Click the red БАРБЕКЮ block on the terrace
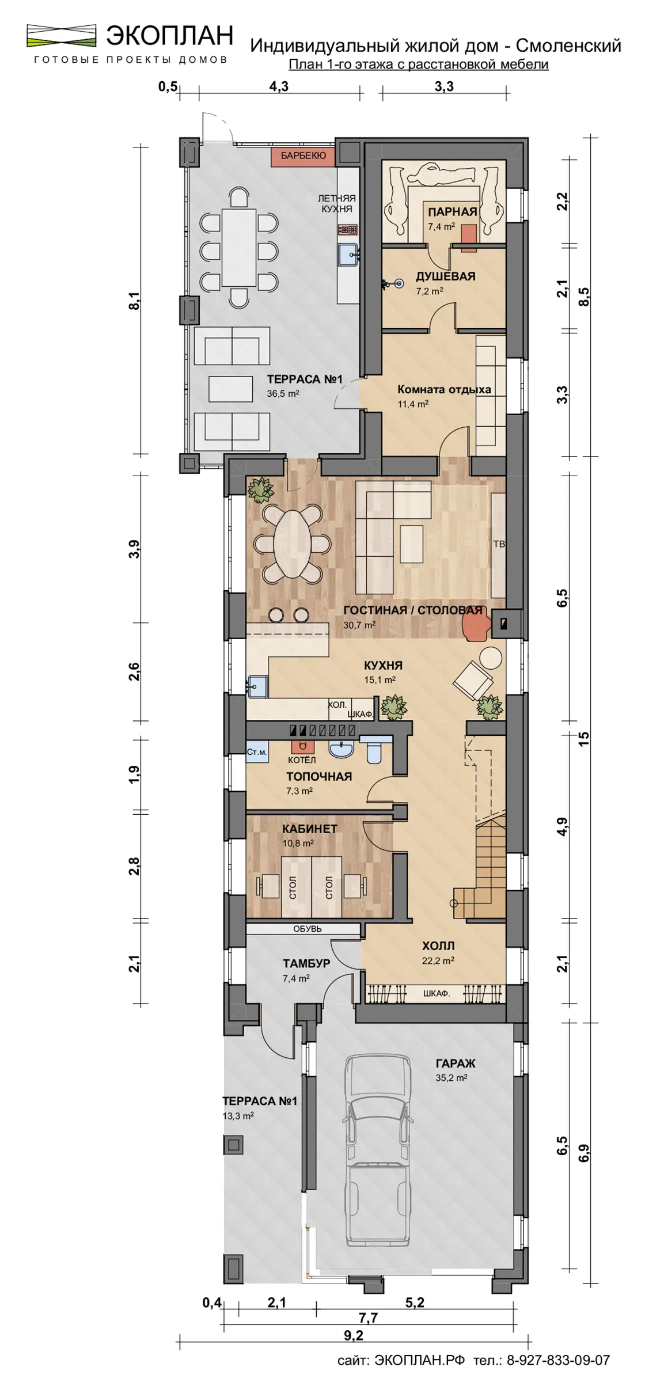[x=303, y=156]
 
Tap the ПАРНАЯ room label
[x=453, y=211]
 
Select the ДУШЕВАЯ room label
[x=446, y=276]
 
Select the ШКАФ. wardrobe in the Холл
[x=436, y=993]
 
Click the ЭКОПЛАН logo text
[x=169, y=36]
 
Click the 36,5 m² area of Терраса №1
[x=282, y=394]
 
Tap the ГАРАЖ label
[x=456, y=1064]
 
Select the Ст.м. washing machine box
[x=257, y=752]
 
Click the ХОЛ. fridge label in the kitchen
[x=337, y=705]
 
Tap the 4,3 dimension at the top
[x=279, y=87]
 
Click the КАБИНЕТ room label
[x=310, y=829]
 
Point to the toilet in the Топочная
[x=375, y=749]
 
